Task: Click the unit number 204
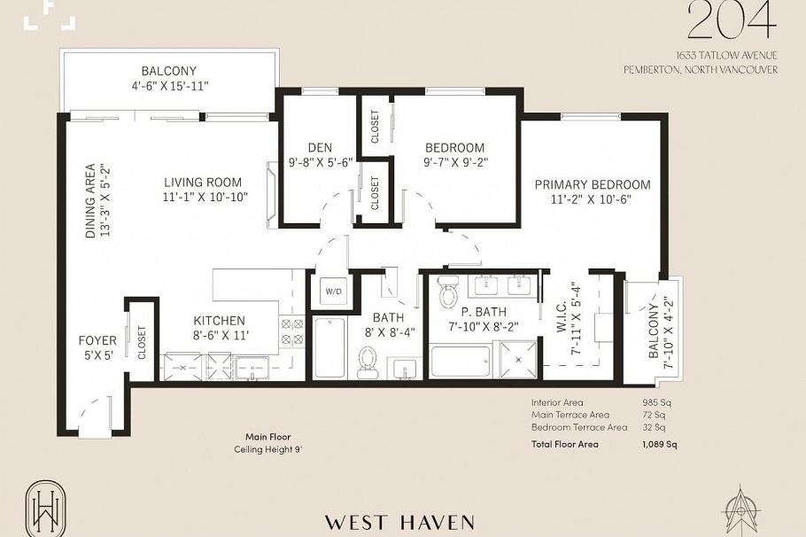tap(732, 21)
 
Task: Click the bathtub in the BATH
tap(329, 348)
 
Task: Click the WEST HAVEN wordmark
tap(399, 522)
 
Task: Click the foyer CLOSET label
tap(142, 343)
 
